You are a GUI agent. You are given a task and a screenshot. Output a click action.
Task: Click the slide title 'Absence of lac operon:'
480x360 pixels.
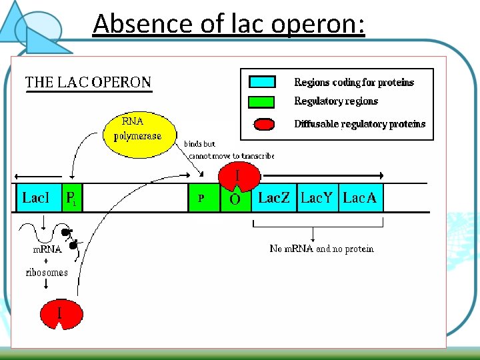(x=229, y=24)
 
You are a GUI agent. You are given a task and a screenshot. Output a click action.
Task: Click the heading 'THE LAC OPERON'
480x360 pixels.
(x=88, y=83)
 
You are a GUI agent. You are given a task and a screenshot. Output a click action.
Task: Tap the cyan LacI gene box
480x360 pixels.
(x=38, y=198)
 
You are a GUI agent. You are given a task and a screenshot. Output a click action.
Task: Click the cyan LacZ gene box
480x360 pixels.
(x=274, y=198)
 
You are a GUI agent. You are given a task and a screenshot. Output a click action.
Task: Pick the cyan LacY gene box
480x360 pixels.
(x=317, y=198)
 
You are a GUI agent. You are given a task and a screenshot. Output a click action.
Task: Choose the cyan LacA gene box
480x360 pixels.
(x=361, y=198)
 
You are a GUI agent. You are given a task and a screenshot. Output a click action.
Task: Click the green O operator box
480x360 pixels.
(x=235, y=200)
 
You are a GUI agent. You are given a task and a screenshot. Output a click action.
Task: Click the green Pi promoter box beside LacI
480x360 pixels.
(x=71, y=198)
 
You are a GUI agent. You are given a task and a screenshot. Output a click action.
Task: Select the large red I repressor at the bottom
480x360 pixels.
(x=61, y=313)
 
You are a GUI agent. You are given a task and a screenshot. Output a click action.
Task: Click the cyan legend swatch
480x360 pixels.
(x=262, y=82)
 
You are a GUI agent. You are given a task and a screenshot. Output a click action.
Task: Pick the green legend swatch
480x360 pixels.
(x=262, y=101)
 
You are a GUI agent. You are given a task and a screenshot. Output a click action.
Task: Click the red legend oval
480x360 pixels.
(x=265, y=124)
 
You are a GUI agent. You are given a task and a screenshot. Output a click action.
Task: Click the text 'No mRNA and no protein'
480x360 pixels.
(x=321, y=249)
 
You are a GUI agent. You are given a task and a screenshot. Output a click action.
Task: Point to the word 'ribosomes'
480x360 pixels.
(x=47, y=272)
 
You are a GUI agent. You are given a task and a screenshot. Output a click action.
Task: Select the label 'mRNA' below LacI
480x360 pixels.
(x=47, y=250)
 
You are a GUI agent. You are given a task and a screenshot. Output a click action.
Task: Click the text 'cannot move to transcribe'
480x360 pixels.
(x=231, y=156)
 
